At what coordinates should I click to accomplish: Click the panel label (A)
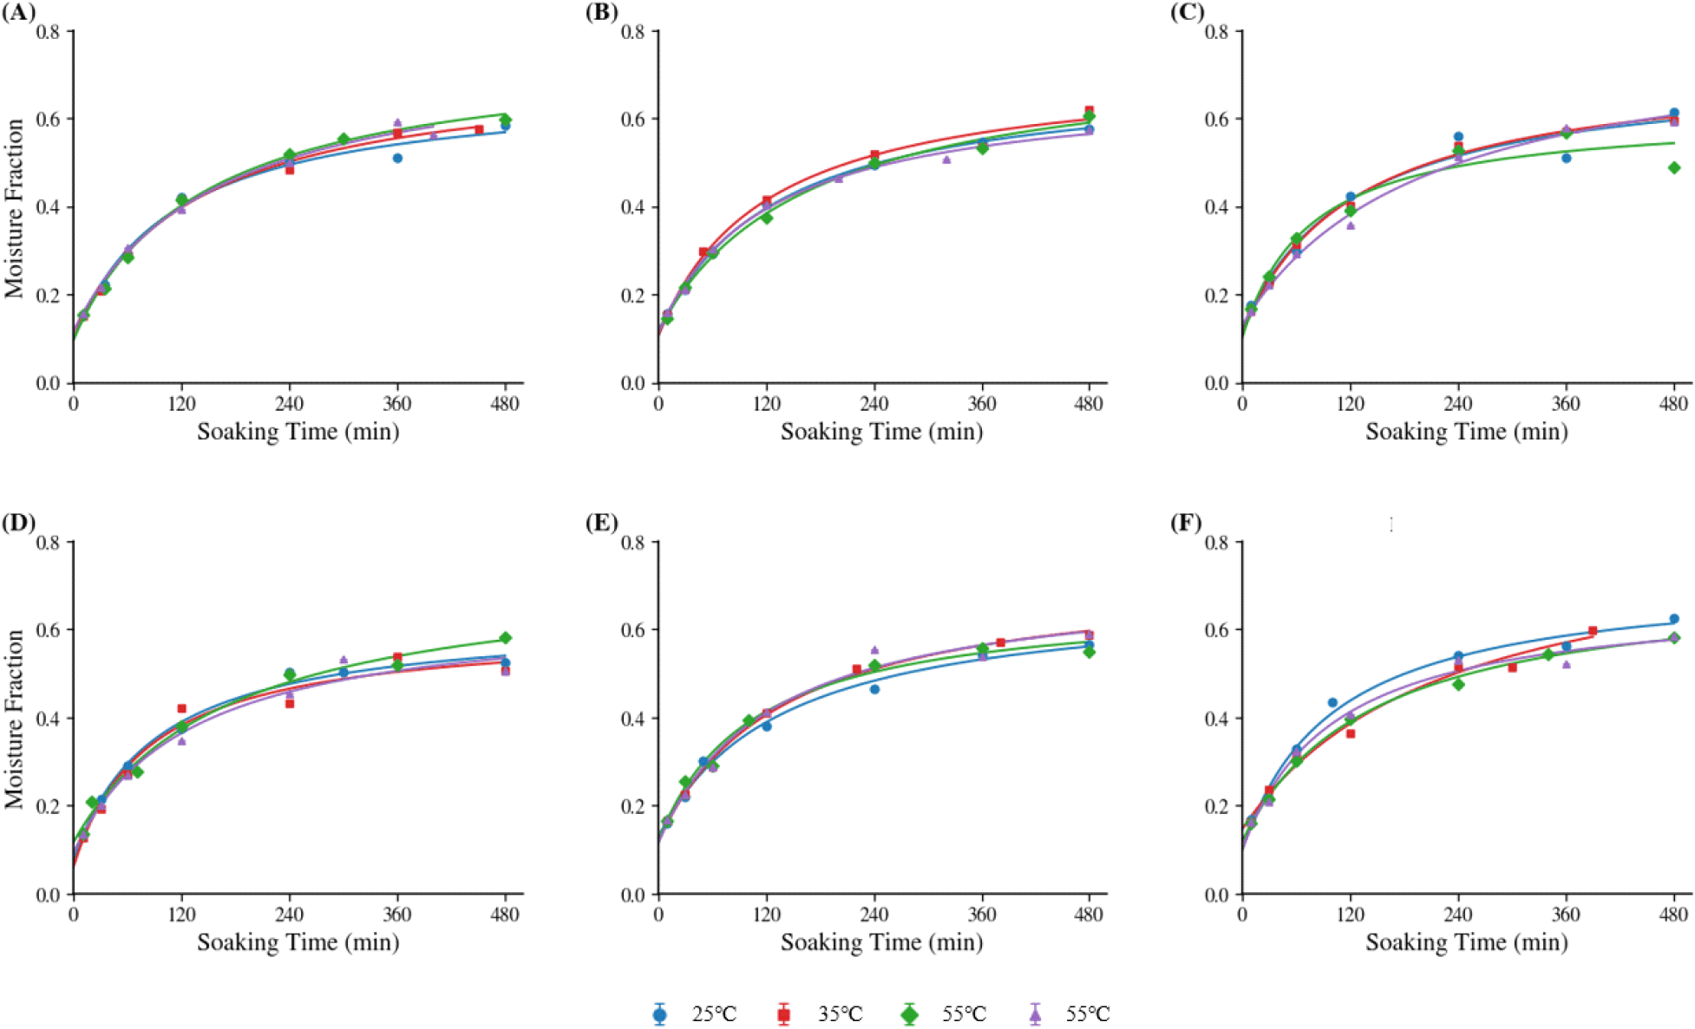click(x=17, y=12)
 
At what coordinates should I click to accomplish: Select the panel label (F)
click(x=1186, y=523)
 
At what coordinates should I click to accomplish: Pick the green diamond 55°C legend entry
click(x=945, y=1013)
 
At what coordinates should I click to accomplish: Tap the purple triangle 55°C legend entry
click(x=1069, y=1013)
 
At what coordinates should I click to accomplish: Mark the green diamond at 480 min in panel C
click(x=1674, y=168)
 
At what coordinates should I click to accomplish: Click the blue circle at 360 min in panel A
click(x=397, y=158)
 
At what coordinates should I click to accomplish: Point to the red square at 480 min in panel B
click(x=1090, y=110)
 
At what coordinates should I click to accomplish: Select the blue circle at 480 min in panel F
click(x=1674, y=619)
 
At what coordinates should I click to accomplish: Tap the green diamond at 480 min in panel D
click(x=506, y=638)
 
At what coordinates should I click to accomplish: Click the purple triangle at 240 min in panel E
click(x=874, y=649)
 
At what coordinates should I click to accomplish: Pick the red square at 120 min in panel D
click(x=181, y=708)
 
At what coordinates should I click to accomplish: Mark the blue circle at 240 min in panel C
click(x=1458, y=136)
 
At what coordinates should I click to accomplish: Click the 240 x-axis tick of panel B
click(x=874, y=404)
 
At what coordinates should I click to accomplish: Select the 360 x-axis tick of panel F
click(x=1566, y=915)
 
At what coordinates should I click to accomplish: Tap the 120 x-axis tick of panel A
click(x=181, y=404)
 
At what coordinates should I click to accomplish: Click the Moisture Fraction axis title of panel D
click(x=15, y=719)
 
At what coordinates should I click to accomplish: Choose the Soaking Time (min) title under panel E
click(x=881, y=942)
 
